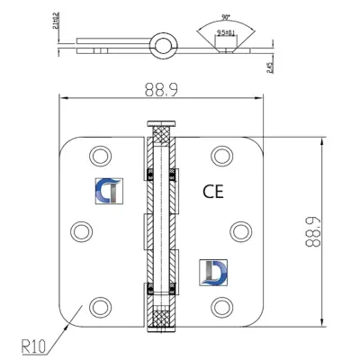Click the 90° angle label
(x=207, y=15)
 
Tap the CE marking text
(x=211, y=190)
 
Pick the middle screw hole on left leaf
(x=79, y=229)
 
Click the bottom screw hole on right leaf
(x=221, y=307)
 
